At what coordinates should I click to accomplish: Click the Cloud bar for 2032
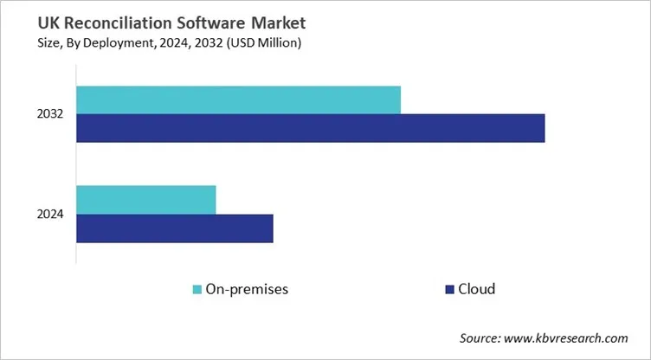click(310, 128)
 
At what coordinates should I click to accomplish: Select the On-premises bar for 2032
click(238, 100)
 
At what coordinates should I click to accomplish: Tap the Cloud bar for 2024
click(174, 229)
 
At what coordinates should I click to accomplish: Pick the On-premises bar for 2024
click(145, 200)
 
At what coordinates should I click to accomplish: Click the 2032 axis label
click(49, 114)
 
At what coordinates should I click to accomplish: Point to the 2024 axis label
click(49, 215)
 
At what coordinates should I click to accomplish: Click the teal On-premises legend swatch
click(197, 289)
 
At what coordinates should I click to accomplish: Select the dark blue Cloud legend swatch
click(449, 289)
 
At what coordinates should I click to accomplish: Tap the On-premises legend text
click(247, 289)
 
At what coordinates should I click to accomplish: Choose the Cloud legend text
click(477, 289)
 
